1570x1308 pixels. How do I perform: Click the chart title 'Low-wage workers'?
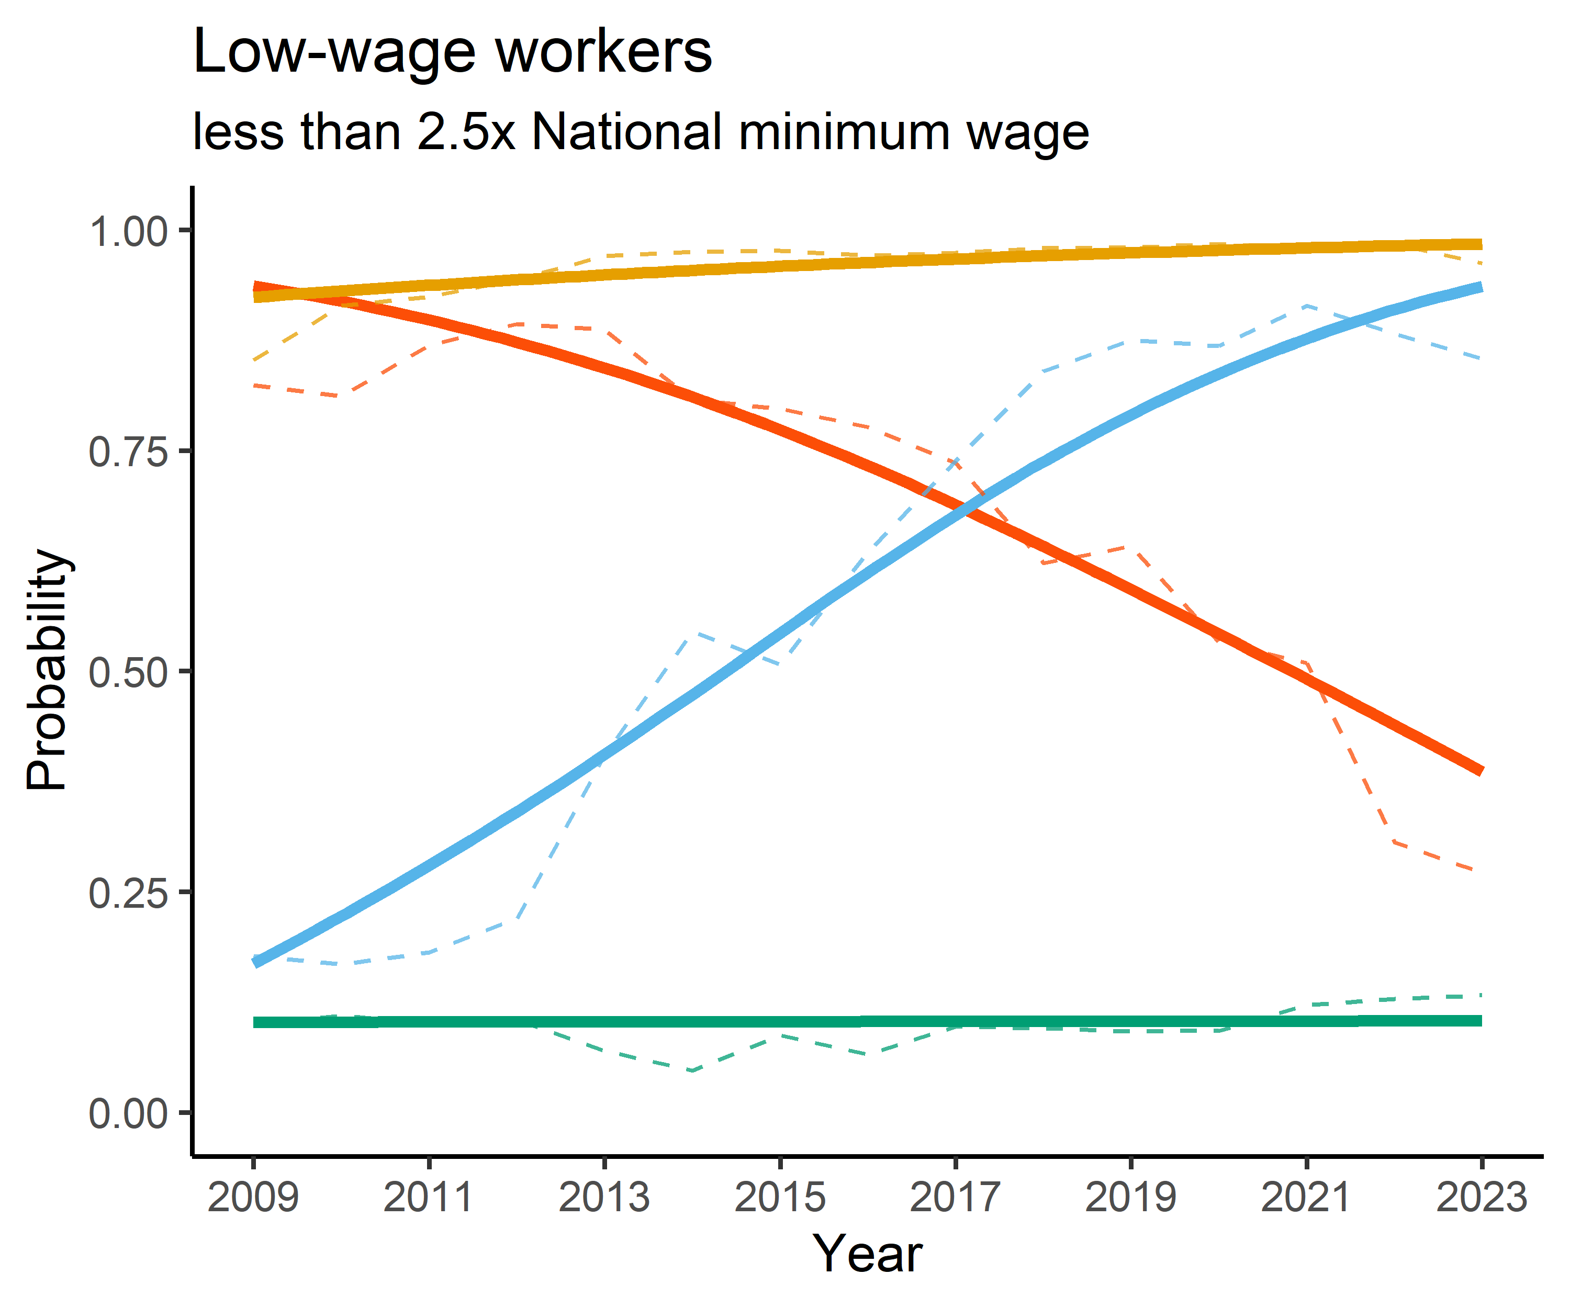[452, 52]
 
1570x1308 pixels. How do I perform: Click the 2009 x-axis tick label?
[253, 1198]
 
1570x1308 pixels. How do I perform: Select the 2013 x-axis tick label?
[604, 1198]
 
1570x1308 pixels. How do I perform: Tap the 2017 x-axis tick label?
[956, 1198]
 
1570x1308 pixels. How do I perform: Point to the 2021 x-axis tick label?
[1306, 1198]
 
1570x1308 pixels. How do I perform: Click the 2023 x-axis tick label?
[1481, 1198]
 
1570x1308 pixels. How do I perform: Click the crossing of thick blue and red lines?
[966, 511]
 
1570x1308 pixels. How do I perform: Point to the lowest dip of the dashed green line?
[692, 1070]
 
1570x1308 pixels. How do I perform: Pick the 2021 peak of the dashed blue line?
[1305, 306]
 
